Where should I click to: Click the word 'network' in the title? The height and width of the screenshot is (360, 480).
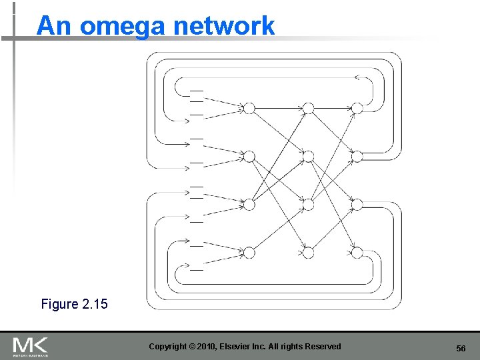click(223, 27)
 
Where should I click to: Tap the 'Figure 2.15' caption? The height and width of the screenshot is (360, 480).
click(74, 304)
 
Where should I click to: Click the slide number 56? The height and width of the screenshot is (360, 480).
click(460, 349)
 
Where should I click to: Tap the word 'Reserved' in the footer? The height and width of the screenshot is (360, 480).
click(323, 347)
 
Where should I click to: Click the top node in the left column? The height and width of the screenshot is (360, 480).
click(249, 108)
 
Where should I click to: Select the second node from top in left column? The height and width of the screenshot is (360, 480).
click(249, 157)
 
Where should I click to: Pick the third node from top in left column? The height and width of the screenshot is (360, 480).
click(249, 204)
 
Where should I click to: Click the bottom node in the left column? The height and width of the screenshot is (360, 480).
click(249, 252)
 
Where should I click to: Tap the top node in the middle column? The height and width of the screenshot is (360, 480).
click(307, 108)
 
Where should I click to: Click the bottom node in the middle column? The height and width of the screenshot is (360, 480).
click(307, 252)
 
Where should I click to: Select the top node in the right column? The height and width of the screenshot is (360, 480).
click(357, 108)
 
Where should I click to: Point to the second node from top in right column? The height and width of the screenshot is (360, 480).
click(357, 157)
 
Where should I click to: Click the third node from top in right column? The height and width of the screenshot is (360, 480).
click(357, 204)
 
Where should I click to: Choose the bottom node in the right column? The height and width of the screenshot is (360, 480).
click(357, 252)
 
